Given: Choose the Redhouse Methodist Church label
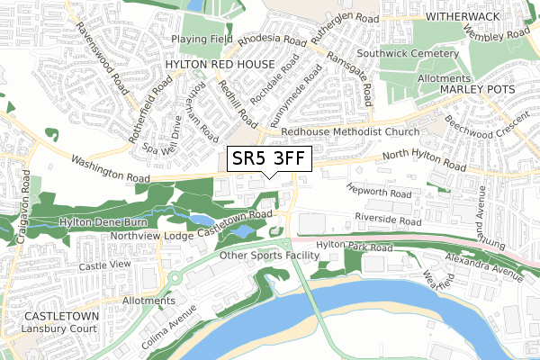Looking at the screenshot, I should (350, 131).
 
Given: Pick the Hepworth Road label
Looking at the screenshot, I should (380, 193).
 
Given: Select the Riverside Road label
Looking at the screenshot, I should (389, 220).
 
